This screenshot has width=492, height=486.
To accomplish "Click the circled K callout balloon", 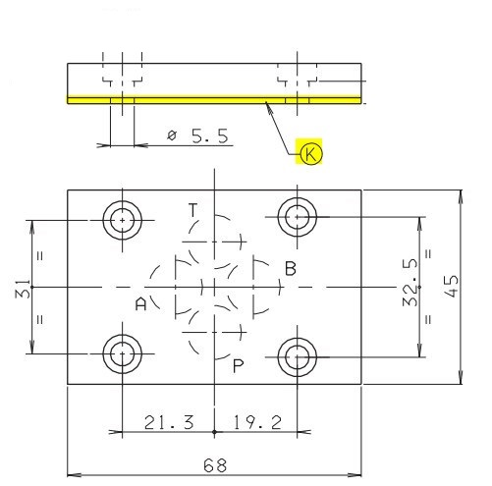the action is coord(310,153).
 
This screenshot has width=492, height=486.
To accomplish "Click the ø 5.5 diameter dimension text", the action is coord(197,135).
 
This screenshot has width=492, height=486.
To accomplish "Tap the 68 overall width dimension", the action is coord(215,465).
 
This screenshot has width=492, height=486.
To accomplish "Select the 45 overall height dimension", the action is coord(452,287).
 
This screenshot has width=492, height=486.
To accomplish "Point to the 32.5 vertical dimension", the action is coord(410,283).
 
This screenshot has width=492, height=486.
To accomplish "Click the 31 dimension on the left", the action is coord(23,289).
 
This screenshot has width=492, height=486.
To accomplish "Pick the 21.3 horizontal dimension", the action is coord(169,422).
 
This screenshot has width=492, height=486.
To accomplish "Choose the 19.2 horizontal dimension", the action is coord(257,422).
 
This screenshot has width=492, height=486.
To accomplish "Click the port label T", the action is coord(193,210).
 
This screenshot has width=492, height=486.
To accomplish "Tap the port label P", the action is coord(238,365).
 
